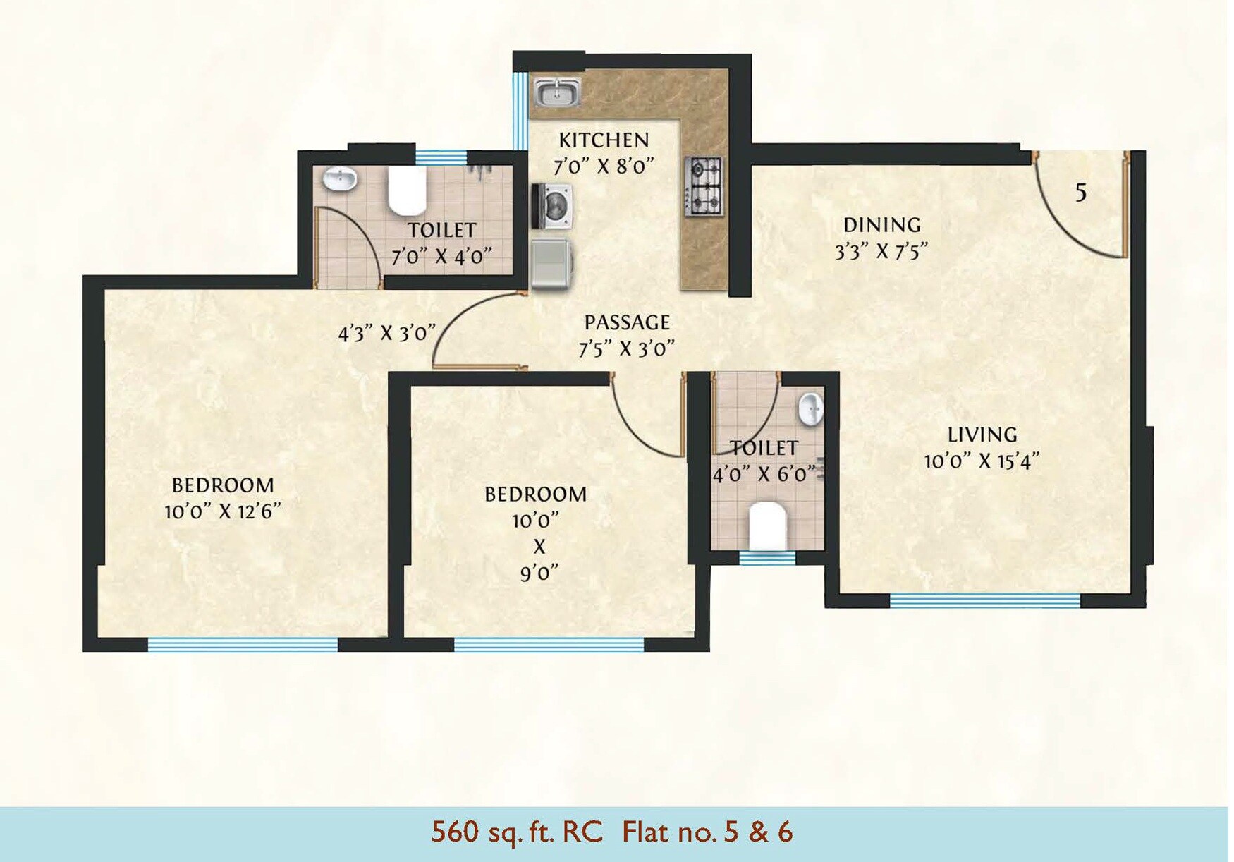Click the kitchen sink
(x=557, y=92)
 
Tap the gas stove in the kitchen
(x=704, y=186)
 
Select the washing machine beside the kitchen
(x=551, y=206)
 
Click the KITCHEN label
(x=604, y=140)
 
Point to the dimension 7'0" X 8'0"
(x=604, y=166)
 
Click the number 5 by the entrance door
(x=1081, y=192)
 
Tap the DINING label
(x=882, y=225)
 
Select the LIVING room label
(x=982, y=435)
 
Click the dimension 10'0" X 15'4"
(x=982, y=461)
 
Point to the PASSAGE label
(x=627, y=322)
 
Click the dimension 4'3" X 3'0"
(x=387, y=333)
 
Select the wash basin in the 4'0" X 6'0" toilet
(x=811, y=409)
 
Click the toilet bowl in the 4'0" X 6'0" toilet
(x=767, y=526)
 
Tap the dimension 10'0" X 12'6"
(x=223, y=511)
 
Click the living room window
(x=984, y=601)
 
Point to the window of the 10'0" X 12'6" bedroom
(x=243, y=645)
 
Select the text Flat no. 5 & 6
(x=707, y=832)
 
